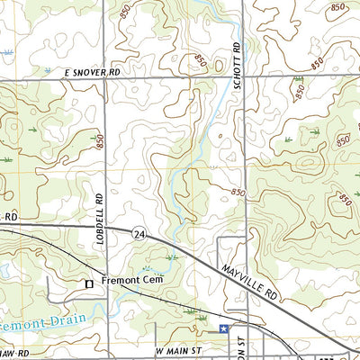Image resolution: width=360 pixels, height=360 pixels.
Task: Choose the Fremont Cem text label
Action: tap(128, 282)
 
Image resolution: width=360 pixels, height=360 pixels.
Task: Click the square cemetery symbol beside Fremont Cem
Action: tap(88, 283)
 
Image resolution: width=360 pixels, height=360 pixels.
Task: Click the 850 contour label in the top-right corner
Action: tap(338, 7)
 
